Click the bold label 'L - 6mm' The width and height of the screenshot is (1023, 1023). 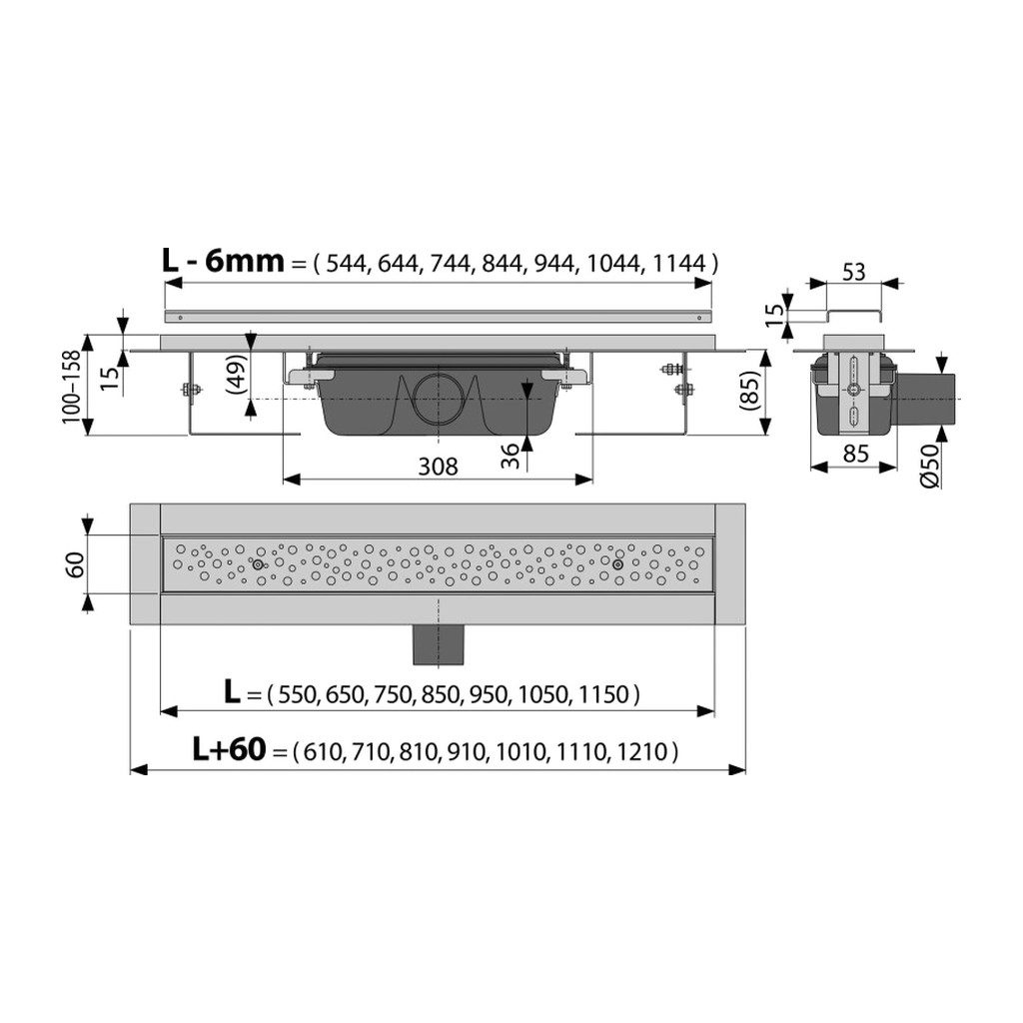(x=223, y=262)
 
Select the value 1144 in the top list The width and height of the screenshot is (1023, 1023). (x=678, y=264)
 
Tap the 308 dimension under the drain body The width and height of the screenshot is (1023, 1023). (x=438, y=466)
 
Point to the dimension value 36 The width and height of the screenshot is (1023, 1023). (x=511, y=456)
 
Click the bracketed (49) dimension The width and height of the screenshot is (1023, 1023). (x=239, y=376)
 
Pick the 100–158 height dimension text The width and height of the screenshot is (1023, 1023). (x=71, y=387)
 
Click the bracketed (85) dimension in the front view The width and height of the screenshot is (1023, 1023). (x=749, y=391)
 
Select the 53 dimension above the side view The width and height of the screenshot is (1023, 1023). (x=854, y=272)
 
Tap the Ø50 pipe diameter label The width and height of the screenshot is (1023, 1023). (x=929, y=465)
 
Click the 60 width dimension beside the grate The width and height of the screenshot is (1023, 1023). (x=75, y=565)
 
